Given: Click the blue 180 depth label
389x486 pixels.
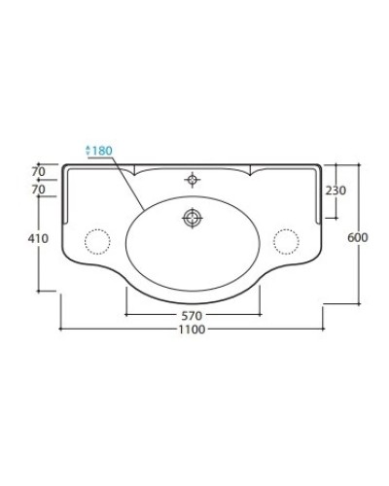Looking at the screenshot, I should [x=104, y=150].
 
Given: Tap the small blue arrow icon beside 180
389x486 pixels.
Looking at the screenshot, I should [x=89, y=150].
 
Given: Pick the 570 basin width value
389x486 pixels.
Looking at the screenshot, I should [x=193, y=317].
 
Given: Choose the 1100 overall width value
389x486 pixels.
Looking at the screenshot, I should [x=193, y=330].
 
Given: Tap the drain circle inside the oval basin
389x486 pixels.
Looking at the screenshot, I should [x=193, y=218].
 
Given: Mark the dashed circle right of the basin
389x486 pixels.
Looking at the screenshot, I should [x=285, y=239].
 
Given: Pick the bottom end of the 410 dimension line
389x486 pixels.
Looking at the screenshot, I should [x=40, y=291].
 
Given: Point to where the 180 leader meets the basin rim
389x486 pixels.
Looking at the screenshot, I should [x=145, y=207].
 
